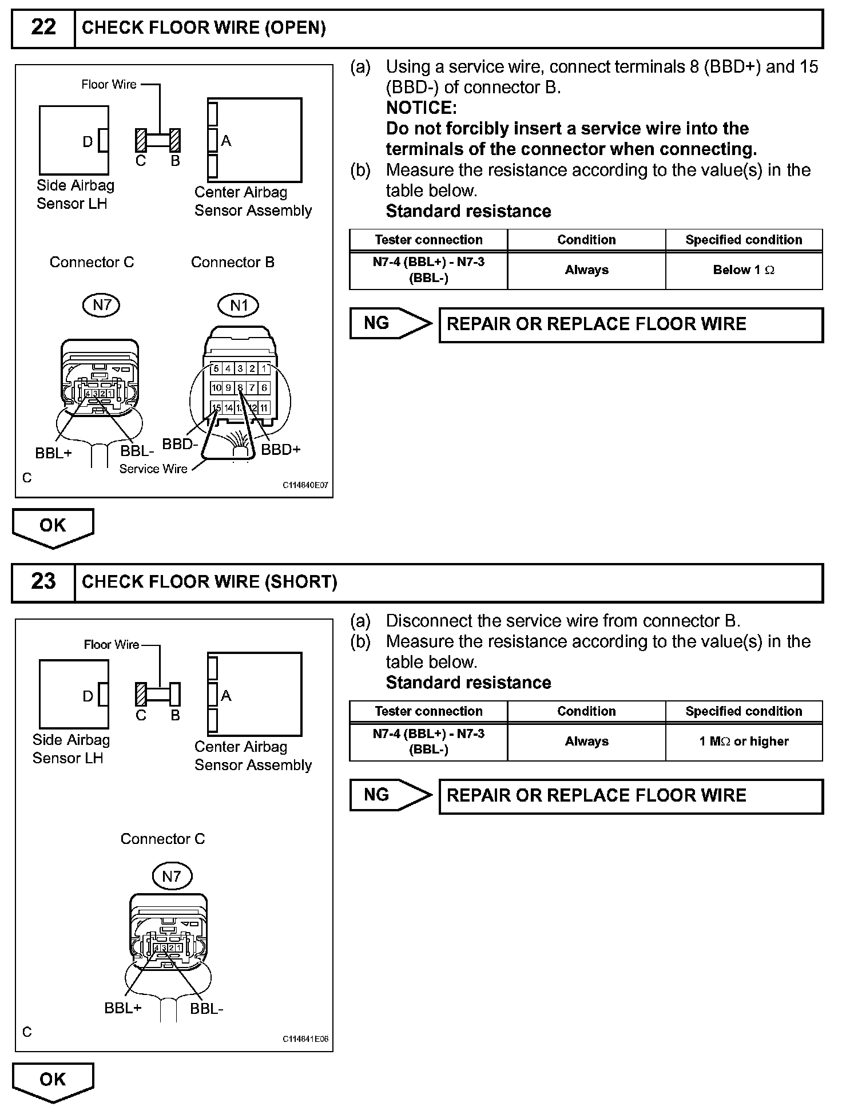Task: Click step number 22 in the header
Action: pyautogui.click(x=43, y=27)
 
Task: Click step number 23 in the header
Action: pyautogui.click(x=43, y=581)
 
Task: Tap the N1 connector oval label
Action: pyautogui.click(x=239, y=306)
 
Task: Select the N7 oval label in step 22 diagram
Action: pyautogui.click(x=101, y=306)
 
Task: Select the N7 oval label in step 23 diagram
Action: pyautogui.click(x=172, y=876)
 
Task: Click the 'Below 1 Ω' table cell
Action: pyautogui.click(x=744, y=270)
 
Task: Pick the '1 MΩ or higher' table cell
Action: pyautogui.click(x=744, y=742)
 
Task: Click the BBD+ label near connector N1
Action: pyautogui.click(x=280, y=450)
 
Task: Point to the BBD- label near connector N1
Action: pyautogui.click(x=180, y=444)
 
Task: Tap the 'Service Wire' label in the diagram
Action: pyautogui.click(x=153, y=469)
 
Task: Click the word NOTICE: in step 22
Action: pyautogui.click(x=422, y=108)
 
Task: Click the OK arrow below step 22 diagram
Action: pyautogui.click(x=53, y=526)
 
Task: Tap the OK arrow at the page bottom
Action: pyautogui.click(x=53, y=1080)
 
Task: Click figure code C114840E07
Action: pyautogui.click(x=305, y=486)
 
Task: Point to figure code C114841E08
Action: pyautogui.click(x=305, y=1040)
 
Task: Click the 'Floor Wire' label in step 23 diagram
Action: pyautogui.click(x=112, y=645)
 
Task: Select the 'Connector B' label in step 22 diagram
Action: pyautogui.click(x=233, y=262)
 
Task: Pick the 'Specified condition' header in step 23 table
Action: pyautogui.click(x=744, y=711)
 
